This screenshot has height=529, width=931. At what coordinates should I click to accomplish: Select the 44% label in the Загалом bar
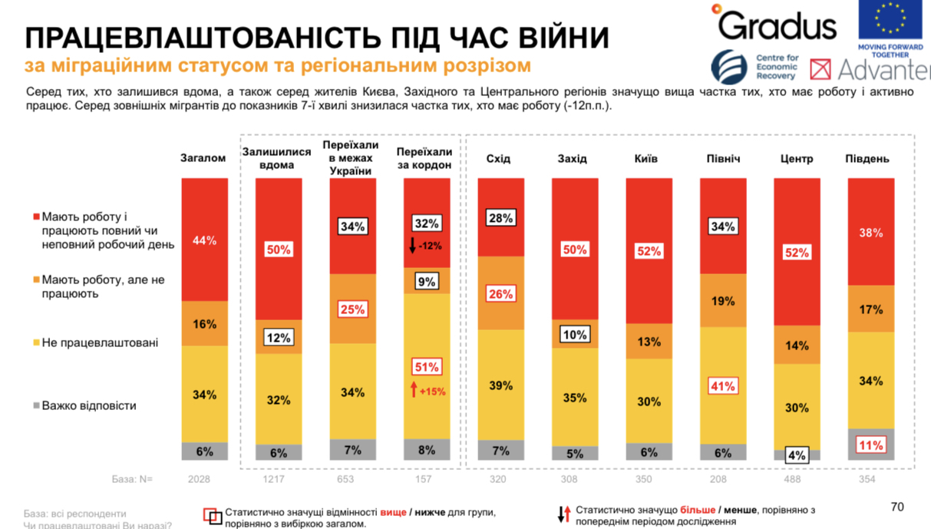click(x=205, y=240)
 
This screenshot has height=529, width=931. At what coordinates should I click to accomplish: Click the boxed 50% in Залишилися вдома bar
click(x=279, y=250)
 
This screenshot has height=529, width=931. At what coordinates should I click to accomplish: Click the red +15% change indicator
click(x=428, y=391)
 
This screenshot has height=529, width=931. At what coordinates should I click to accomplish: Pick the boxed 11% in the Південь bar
click(x=870, y=445)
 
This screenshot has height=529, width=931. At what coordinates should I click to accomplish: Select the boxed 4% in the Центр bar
click(x=797, y=455)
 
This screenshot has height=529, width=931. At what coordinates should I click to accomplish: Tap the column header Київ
click(x=645, y=159)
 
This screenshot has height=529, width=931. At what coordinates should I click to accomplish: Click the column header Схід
click(x=498, y=159)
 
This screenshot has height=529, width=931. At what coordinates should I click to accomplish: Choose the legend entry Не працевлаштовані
click(x=100, y=342)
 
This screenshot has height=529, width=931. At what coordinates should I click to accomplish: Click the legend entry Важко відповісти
click(x=89, y=405)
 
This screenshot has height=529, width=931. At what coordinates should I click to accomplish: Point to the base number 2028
click(x=200, y=479)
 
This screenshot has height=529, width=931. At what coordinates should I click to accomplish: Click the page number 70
click(x=897, y=507)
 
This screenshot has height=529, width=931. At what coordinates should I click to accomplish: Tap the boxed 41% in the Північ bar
click(x=722, y=386)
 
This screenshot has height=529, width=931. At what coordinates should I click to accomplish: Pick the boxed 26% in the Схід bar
click(x=500, y=293)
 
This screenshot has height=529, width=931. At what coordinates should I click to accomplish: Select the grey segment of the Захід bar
click(x=575, y=453)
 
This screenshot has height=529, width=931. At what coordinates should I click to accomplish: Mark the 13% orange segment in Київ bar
click(x=649, y=341)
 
